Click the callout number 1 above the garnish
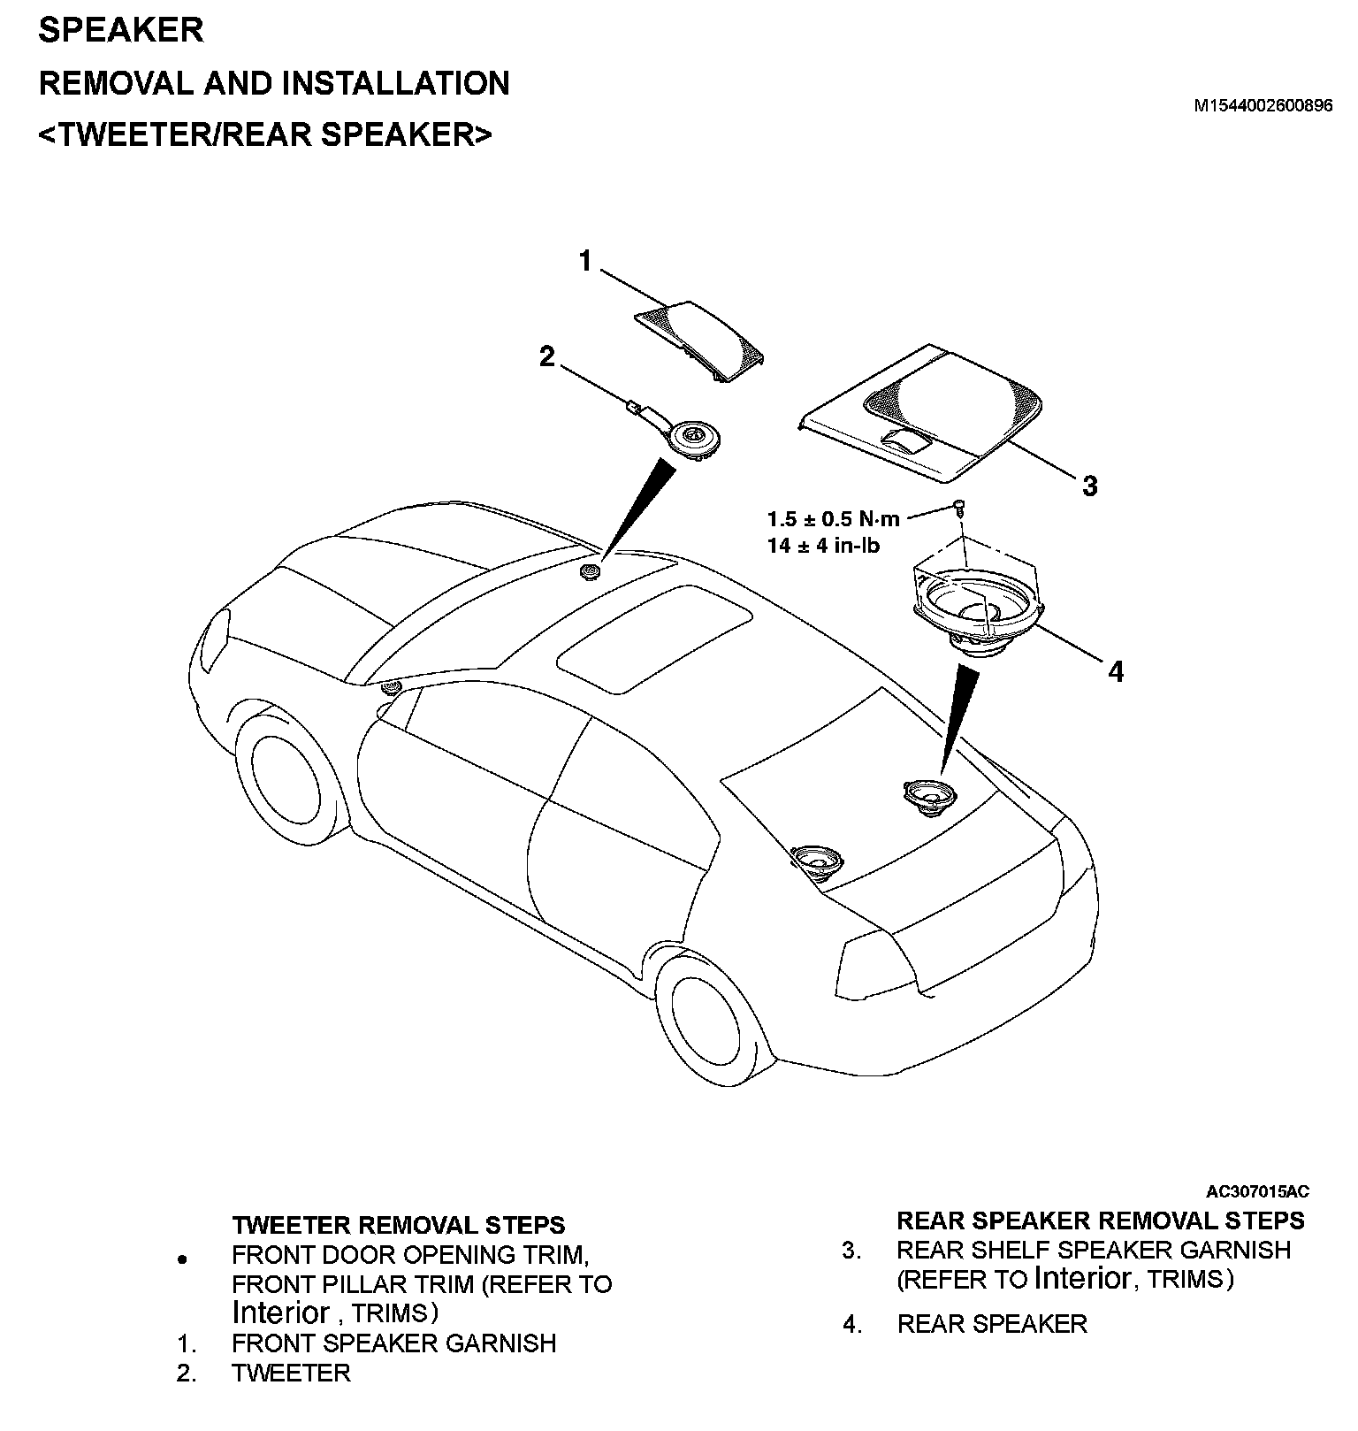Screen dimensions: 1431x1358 [x=585, y=262]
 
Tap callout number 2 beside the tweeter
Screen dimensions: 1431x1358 [x=547, y=356]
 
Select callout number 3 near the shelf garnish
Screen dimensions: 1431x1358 [x=1090, y=486]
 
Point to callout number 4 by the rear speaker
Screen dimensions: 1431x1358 [x=1116, y=672]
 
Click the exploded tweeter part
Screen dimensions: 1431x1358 [x=693, y=439]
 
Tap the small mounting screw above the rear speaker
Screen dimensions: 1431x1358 [x=960, y=507]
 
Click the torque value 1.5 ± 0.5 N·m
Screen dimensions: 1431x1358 [x=833, y=519]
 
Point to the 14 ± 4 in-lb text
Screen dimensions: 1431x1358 [x=823, y=546]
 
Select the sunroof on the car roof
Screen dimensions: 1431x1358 [x=654, y=637]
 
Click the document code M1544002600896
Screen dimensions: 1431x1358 [x=1263, y=106]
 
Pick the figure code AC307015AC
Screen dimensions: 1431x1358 [x=1258, y=1191]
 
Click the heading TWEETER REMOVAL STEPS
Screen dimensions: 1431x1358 [x=398, y=1225]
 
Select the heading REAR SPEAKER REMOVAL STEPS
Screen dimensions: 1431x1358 [x=1100, y=1221]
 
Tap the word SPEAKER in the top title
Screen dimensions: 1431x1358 [x=121, y=31]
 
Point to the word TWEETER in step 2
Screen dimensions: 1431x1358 [x=291, y=1373]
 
